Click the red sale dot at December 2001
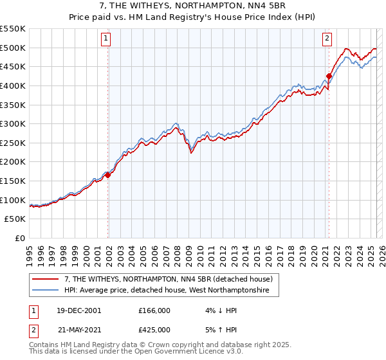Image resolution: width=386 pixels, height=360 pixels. [108, 174]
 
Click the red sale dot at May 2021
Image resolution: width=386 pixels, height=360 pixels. [329, 76]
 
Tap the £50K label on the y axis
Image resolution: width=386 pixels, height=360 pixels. [15, 219]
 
